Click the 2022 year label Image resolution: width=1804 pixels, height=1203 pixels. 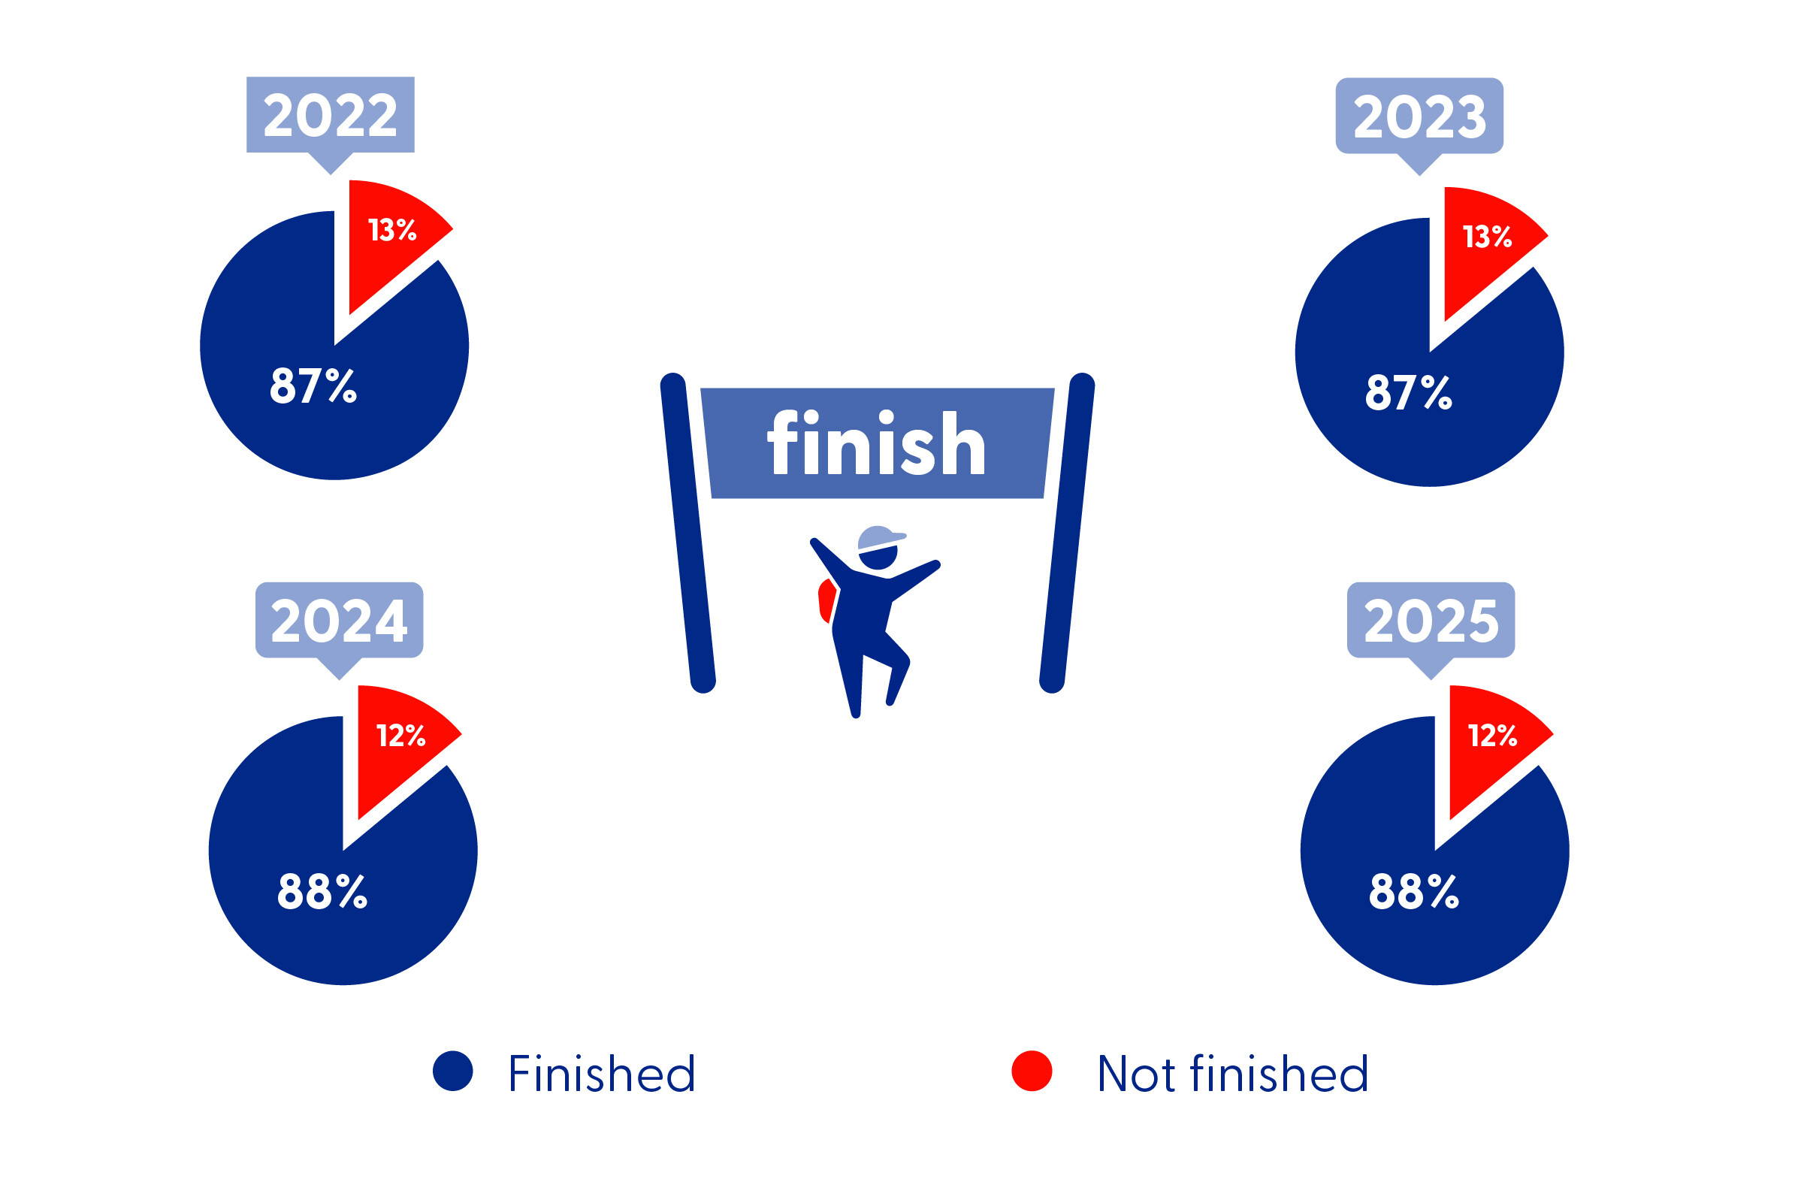point(331,116)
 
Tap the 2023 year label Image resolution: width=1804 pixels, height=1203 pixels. point(1420,117)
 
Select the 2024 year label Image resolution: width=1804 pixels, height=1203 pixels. point(339,621)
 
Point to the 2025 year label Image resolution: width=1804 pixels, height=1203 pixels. point(1431,621)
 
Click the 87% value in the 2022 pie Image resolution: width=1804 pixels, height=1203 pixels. point(313,385)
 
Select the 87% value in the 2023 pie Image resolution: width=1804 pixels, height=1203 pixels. point(1408,392)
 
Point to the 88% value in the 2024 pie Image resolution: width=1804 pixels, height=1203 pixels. point(322,890)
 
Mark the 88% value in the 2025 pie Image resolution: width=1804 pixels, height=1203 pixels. point(1414,890)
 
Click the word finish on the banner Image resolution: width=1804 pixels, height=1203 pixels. point(877,443)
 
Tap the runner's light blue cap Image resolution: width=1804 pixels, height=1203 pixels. point(881,539)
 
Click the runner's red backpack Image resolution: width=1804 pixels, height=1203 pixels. point(826,600)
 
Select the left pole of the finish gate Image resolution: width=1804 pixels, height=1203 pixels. point(688,533)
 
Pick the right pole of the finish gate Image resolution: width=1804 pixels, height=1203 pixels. point(1066,533)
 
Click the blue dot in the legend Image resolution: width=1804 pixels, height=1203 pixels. point(452,1070)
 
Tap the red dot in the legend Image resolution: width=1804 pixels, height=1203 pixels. point(1032,1070)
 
